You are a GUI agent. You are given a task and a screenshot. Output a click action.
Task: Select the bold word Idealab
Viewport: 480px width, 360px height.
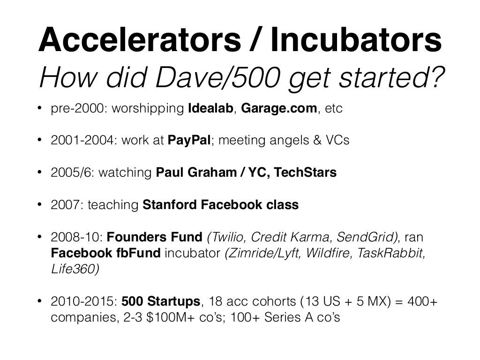point(213,109)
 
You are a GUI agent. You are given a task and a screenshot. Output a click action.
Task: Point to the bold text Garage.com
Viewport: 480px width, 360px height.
point(279,109)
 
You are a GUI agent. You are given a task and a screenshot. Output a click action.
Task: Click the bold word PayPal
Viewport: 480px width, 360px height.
point(189,141)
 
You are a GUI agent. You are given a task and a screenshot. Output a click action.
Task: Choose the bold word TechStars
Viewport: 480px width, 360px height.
point(305,172)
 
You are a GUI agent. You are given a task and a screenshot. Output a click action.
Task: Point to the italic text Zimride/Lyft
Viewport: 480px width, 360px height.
point(263,254)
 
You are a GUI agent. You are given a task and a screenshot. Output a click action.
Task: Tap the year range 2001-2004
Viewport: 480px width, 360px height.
point(81,141)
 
